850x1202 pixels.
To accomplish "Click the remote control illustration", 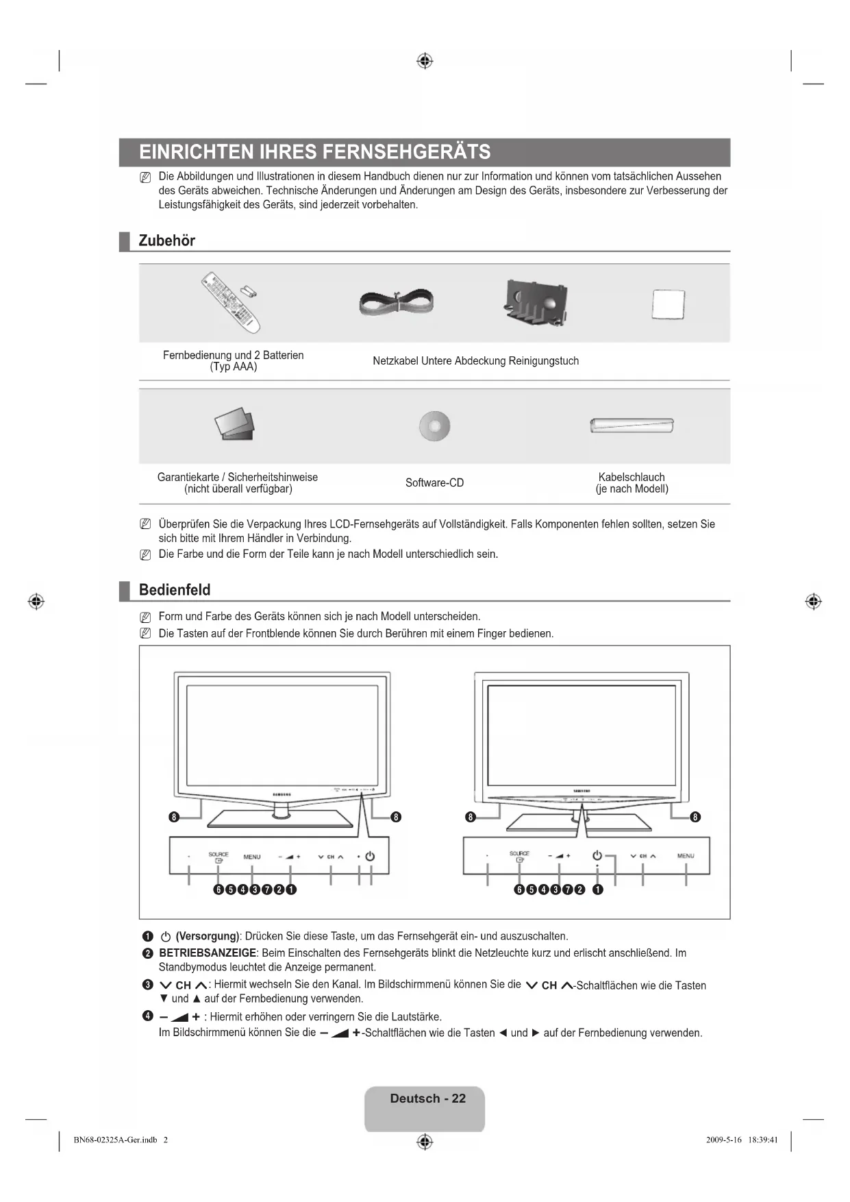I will tap(231, 302).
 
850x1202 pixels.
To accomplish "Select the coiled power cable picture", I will tap(397, 302).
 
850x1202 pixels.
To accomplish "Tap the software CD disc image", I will tap(434, 426).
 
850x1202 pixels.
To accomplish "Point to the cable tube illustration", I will tap(632, 425).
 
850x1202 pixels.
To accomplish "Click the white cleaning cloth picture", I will tap(668, 304).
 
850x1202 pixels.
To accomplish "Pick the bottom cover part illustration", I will tap(536, 302).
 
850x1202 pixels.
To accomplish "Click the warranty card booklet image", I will tap(234, 425).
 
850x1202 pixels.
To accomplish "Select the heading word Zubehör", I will tap(166, 241).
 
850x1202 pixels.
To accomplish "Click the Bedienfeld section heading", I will tap(175, 590).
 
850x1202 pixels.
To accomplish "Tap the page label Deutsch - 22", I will tap(427, 1099).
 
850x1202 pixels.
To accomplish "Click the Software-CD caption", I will tap(434, 483).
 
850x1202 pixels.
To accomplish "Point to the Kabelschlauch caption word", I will tap(632, 477).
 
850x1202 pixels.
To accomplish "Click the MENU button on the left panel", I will tap(252, 857).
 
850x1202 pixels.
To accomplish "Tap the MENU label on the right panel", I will tap(686, 856).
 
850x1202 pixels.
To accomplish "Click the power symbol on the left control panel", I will tap(371, 857).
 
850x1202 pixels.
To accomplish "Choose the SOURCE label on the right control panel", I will tap(519, 854).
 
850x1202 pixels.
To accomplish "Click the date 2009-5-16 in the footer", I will tap(723, 1140).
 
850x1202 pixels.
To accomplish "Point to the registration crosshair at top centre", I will tap(425, 61).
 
